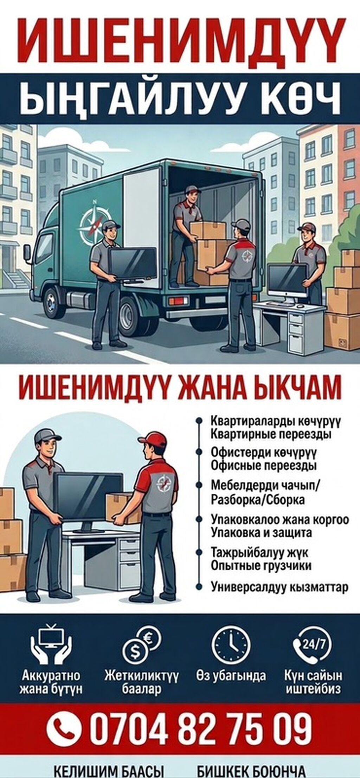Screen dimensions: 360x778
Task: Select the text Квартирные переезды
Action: (x=271, y=434)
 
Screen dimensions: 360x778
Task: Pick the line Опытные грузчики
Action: (x=261, y=566)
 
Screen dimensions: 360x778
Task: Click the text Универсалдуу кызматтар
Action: (x=280, y=587)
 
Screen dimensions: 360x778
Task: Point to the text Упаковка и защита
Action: (x=261, y=533)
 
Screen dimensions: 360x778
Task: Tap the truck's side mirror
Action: (x=27, y=253)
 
